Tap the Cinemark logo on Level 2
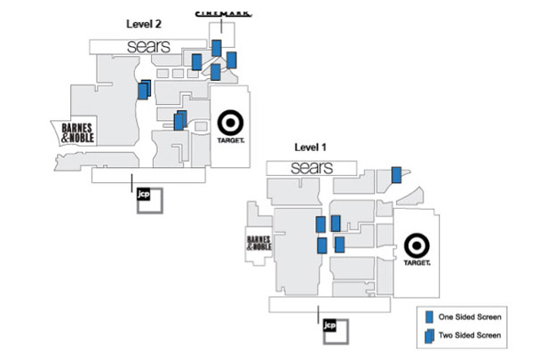[x=222, y=12]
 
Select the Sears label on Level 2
[x=147, y=45]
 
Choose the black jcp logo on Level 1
[x=330, y=326]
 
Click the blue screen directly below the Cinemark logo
[x=216, y=47]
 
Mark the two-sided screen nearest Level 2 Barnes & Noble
[x=144, y=89]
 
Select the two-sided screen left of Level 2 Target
[x=179, y=119]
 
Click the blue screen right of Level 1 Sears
[x=396, y=175]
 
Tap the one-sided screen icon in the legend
[x=431, y=316]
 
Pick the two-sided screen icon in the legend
[x=431, y=335]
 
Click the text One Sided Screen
[x=471, y=316]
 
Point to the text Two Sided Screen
[x=471, y=335]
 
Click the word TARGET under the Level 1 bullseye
[x=417, y=263]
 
